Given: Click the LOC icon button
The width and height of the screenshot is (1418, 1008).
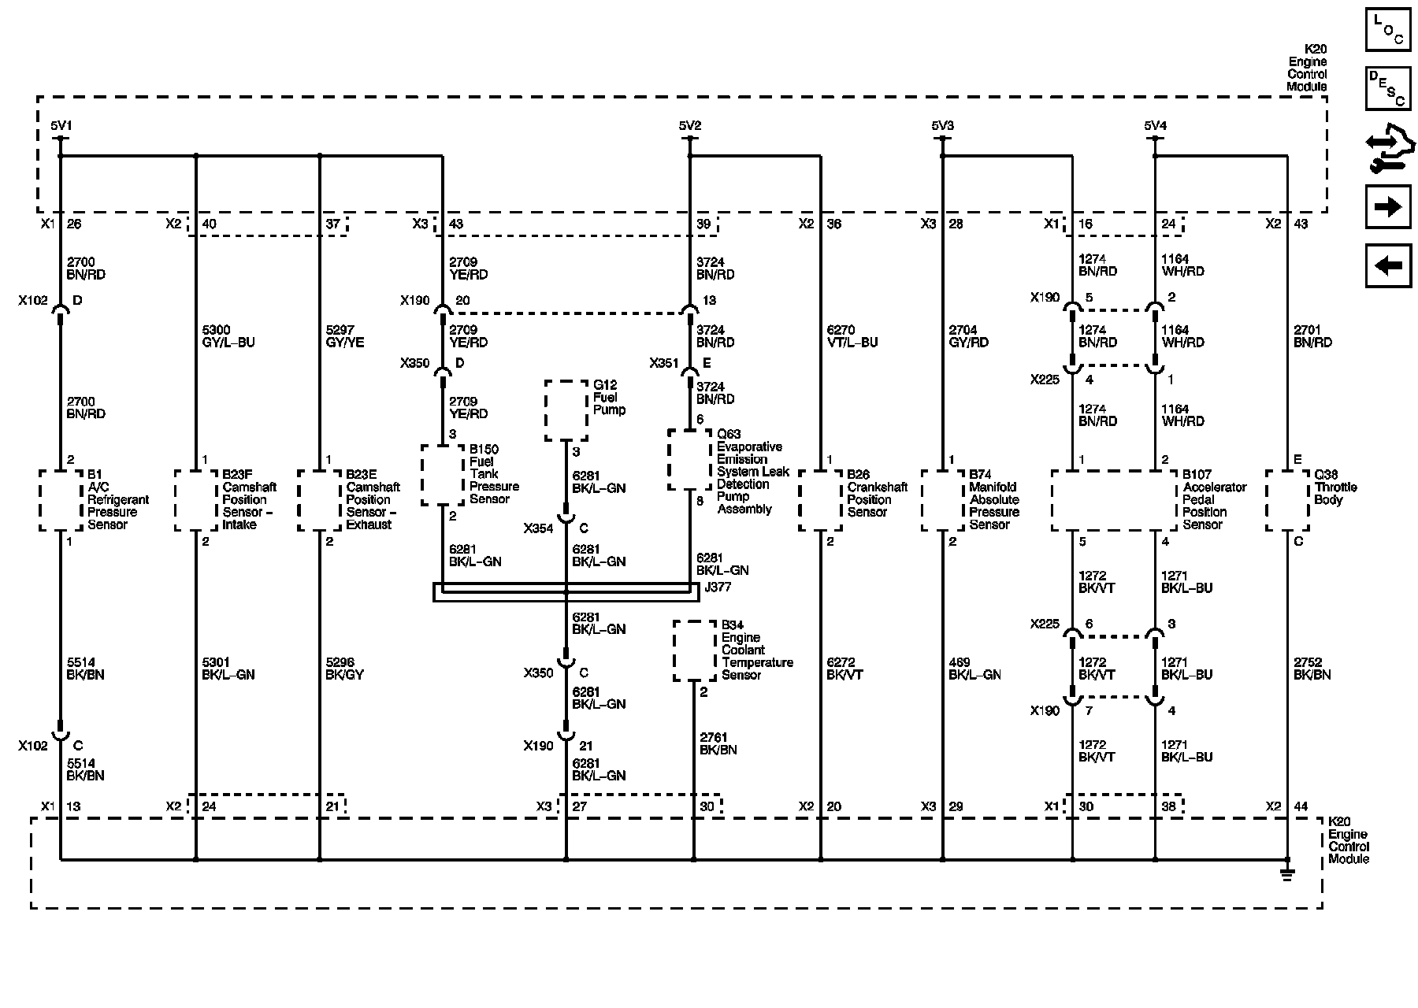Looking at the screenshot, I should pyautogui.click(x=1388, y=29).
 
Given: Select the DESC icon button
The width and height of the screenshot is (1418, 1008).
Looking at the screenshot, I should pyautogui.click(x=1388, y=87).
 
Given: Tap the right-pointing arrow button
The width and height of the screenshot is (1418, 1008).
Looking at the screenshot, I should pyautogui.click(x=1388, y=207).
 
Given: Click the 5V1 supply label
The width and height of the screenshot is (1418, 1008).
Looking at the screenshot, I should pyautogui.click(x=61, y=126).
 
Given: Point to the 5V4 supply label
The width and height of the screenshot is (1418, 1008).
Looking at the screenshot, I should pyautogui.click(x=1155, y=126).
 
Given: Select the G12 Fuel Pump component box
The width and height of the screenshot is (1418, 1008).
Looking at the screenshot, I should pyautogui.click(x=566, y=411).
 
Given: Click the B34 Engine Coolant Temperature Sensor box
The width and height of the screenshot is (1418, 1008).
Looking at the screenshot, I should pyautogui.click(x=694, y=650).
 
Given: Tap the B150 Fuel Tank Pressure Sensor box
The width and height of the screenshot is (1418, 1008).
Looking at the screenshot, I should pyautogui.click(x=442, y=475).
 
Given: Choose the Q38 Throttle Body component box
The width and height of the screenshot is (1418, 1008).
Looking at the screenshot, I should pyautogui.click(x=1286, y=501).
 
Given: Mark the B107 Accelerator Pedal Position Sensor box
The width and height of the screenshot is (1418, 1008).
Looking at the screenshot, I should pyautogui.click(x=1114, y=501).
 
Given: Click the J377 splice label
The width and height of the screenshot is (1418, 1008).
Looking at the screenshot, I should pyautogui.click(x=718, y=587).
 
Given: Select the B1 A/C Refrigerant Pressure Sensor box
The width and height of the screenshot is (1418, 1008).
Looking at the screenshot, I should pyautogui.click(x=61, y=501).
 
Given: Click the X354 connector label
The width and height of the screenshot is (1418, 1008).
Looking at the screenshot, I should pyautogui.click(x=538, y=528).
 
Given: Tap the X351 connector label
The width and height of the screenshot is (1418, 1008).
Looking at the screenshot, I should pyautogui.click(x=664, y=364).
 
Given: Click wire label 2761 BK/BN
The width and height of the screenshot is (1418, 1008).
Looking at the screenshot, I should pyautogui.click(x=718, y=744).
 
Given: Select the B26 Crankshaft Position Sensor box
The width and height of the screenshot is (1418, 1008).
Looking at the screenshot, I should pyautogui.click(x=820, y=501).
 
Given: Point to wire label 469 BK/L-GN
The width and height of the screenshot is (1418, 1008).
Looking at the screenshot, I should pyautogui.click(x=974, y=669).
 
